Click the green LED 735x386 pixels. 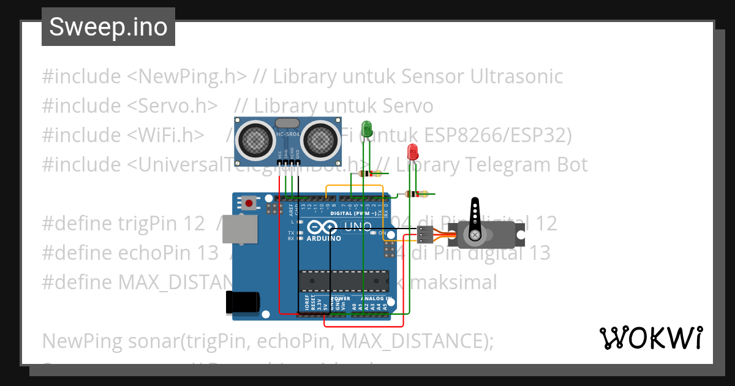[367, 129]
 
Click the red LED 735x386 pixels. [413, 151]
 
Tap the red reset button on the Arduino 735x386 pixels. [249, 203]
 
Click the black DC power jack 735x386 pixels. [242, 301]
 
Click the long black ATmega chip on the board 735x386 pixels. [343, 281]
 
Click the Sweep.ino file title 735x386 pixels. [108, 27]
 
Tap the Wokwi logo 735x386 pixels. [650, 338]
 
